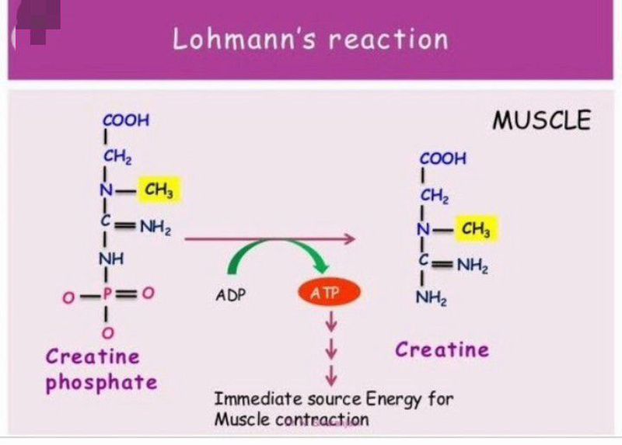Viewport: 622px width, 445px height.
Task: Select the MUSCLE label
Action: point(542,120)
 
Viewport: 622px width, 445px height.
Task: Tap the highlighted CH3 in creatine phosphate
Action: point(159,189)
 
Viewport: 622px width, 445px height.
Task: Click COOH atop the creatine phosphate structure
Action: point(126,121)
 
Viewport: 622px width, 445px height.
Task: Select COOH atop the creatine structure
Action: point(443,159)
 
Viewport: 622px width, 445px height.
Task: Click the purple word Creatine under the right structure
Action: point(442,349)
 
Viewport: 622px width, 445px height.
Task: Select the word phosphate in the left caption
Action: point(101,382)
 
